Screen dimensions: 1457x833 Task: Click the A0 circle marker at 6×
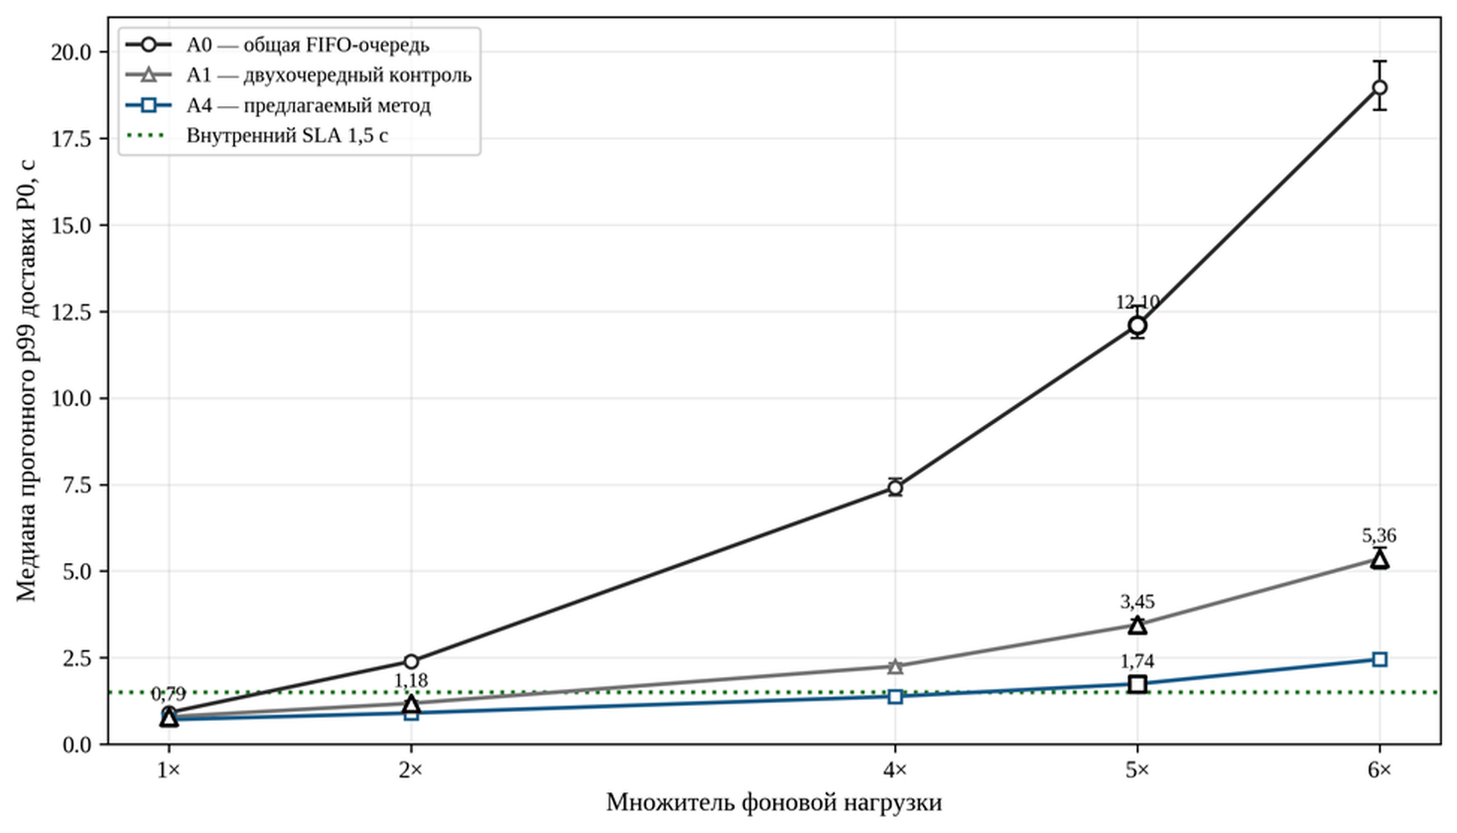pos(1379,87)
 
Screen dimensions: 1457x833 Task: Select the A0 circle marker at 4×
pos(895,487)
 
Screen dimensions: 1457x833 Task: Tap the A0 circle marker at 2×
pos(411,661)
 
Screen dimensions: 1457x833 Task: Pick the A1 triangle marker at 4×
pos(895,666)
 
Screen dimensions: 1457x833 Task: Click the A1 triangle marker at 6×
pos(1379,559)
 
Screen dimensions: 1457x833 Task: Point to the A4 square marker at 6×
pos(1379,659)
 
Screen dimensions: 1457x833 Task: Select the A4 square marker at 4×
pos(895,696)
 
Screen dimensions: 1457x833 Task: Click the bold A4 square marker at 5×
pos(1137,684)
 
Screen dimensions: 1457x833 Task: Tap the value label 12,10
pos(1137,302)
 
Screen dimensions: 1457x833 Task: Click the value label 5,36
pos(1379,535)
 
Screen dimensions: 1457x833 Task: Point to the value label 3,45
pos(1137,602)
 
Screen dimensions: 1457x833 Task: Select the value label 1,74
pos(1137,661)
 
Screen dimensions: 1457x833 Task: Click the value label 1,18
pos(411,681)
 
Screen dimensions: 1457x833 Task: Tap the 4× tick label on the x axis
pos(895,770)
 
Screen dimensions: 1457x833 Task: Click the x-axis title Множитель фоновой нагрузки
pos(774,803)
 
